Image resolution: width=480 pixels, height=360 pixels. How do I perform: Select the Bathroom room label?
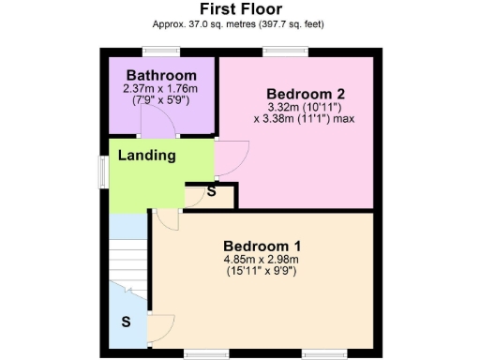coord(161,75)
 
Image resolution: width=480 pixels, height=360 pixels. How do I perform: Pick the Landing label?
coord(146,155)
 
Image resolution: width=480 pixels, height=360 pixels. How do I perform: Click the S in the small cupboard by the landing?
coord(211,193)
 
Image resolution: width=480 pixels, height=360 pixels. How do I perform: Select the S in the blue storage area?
coord(126,322)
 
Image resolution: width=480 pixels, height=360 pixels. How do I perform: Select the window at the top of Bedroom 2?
coord(277,52)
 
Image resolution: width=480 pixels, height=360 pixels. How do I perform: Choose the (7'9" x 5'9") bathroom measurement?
coord(160,101)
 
